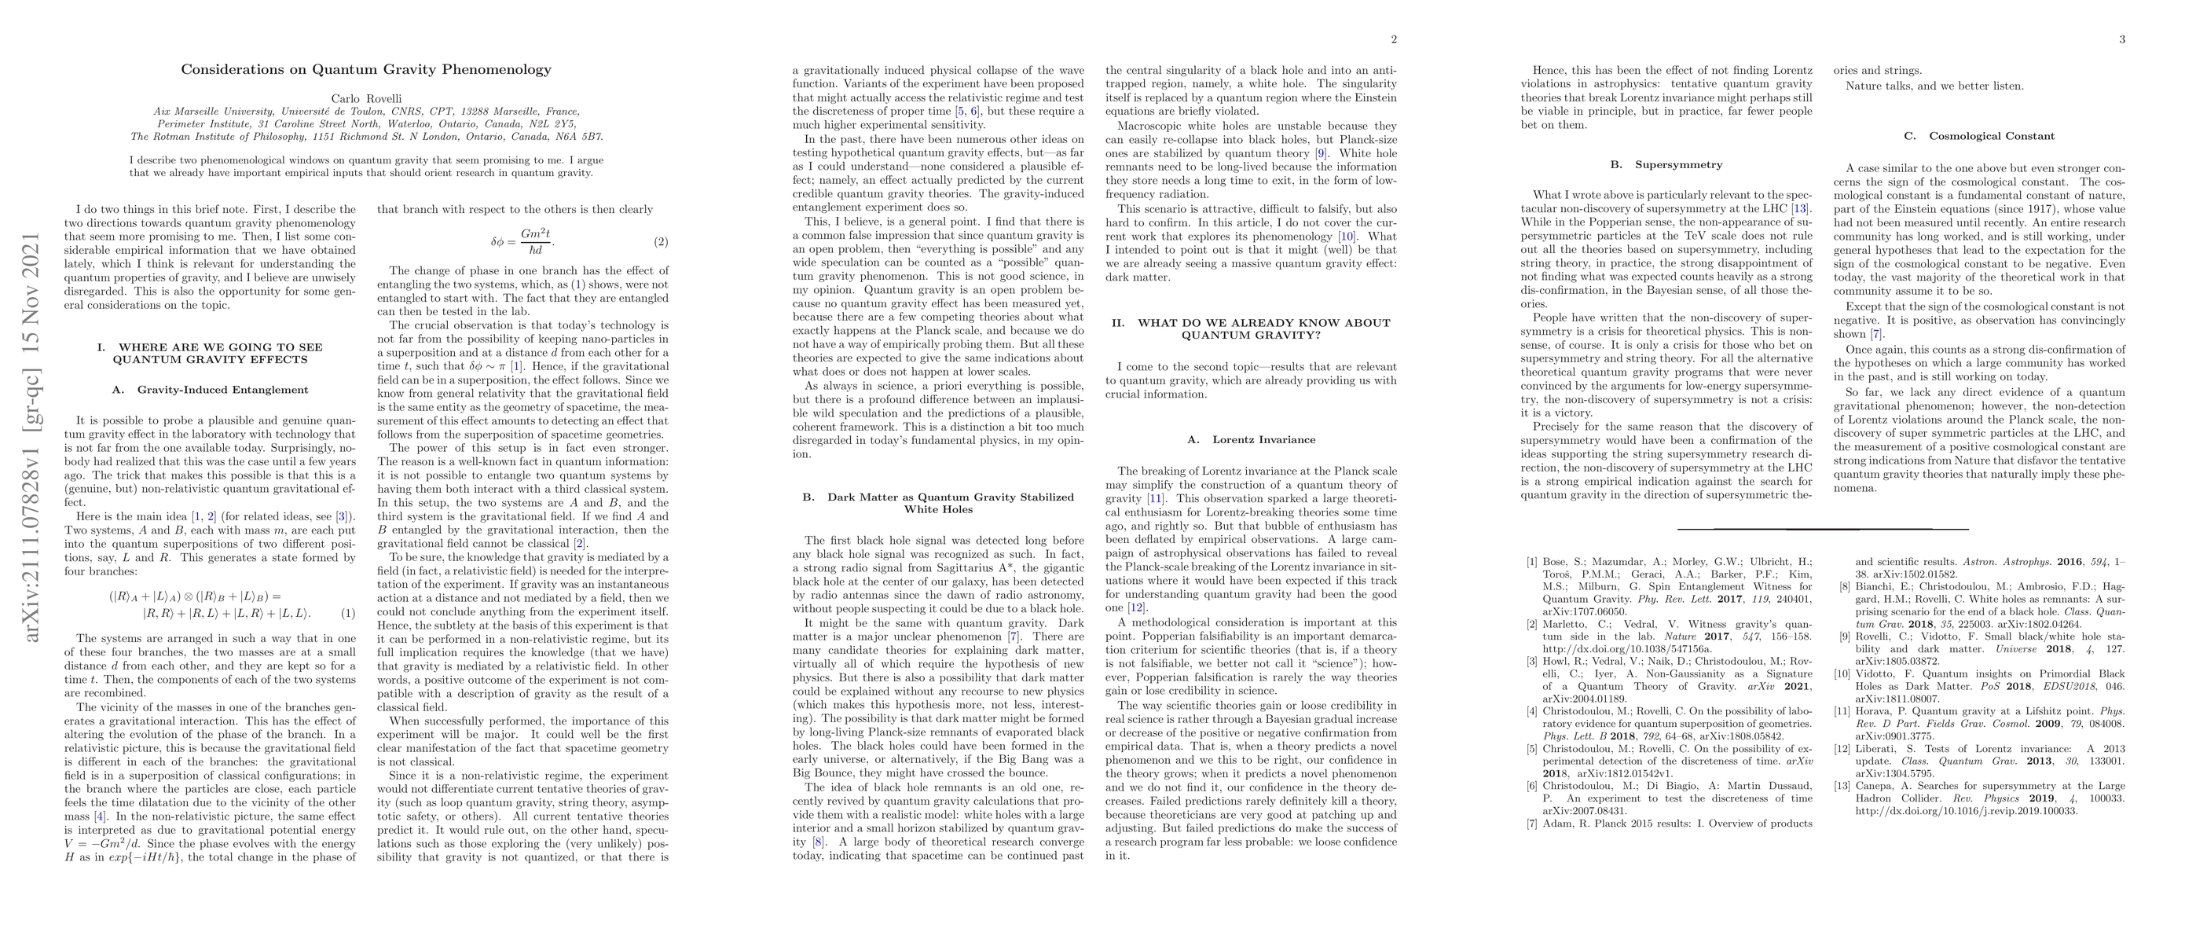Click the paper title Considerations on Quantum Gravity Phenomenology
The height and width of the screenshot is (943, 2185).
tap(365, 69)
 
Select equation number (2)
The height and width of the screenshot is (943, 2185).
tap(660, 243)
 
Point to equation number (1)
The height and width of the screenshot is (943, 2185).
tap(348, 613)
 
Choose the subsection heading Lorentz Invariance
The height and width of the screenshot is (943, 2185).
tap(1251, 439)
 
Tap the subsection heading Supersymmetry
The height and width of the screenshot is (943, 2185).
tap(1666, 164)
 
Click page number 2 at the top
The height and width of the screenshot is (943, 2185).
tap(1394, 39)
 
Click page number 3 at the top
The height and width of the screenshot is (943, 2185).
tap(2122, 39)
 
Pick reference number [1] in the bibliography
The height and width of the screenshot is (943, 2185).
tap(1531, 561)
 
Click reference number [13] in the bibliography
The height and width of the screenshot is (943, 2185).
tap(1842, 786)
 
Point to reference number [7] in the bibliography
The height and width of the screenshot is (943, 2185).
tap(1531, 824)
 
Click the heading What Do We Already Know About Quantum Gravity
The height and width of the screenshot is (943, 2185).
tap(1251, 328)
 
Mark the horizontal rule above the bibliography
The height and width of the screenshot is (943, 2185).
tap(1823, 529)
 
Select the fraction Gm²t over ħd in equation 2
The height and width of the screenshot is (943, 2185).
tap(535, 242)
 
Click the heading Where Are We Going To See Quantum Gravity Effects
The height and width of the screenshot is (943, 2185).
tap(211, 353)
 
